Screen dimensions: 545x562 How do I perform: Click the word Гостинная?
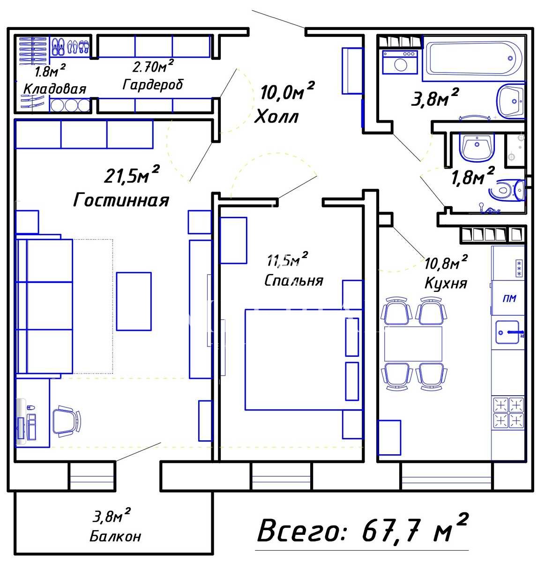point(121,200)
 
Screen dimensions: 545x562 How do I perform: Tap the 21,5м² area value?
point(132,174)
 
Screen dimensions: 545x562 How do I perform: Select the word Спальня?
point(294,280)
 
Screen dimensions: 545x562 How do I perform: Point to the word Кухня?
point(446,283)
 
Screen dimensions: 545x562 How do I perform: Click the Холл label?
point(276,117)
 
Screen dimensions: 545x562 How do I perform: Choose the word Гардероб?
point(153,84)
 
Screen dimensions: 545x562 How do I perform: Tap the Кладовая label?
point(55,89)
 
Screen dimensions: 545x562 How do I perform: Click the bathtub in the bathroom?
point(473,59)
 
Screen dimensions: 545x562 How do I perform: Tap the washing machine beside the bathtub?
point(400,62)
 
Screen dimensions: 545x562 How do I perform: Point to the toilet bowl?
point(508,190)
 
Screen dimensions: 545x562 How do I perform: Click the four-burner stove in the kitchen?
point(508,413)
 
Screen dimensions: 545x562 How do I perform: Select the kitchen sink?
point(508,332)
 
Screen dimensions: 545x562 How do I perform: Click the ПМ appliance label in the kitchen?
point(509,298)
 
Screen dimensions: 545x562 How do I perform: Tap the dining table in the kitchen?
point(413,344)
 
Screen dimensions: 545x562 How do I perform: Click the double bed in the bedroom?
point(303,360)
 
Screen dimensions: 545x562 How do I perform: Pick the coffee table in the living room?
point(134,301)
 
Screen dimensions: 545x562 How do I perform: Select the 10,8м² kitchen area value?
point(446,262)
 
